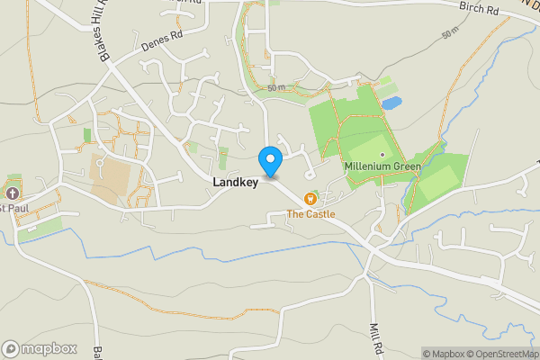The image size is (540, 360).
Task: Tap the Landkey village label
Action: [x=236, y=183]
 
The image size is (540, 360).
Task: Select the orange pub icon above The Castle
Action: [x=310, y=198]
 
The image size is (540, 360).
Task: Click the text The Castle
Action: [x=310, y=213]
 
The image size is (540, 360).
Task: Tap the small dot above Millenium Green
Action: [x=382, y=155]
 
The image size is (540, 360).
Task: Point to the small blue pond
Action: [x=391, y=103]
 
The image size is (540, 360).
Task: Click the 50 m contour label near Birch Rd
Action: [x=451, y=34]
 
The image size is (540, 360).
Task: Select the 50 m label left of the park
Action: [x=275, y=87]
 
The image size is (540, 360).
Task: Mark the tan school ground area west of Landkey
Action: [x=110, y=177]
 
